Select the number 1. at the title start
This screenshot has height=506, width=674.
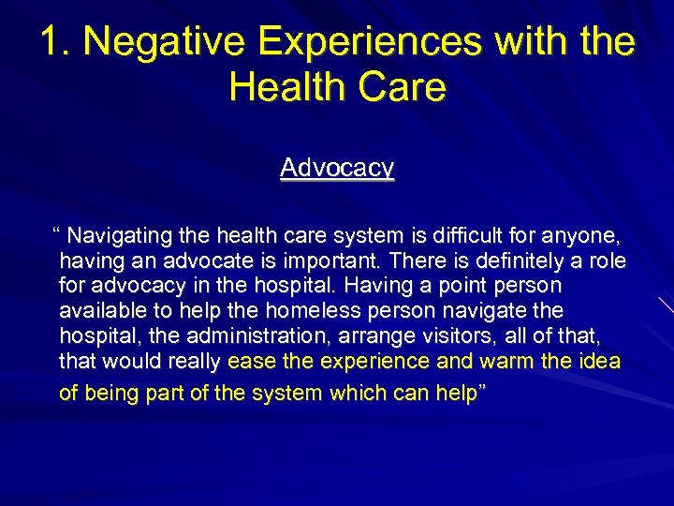coord(55,42)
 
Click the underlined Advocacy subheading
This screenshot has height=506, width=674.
coord(337,168)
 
